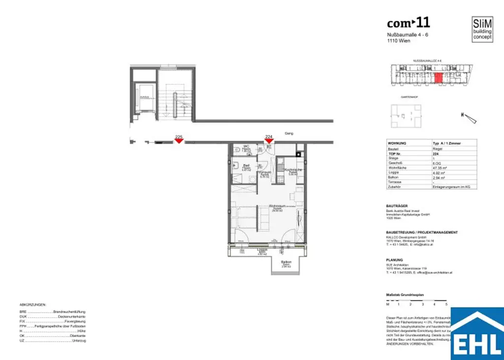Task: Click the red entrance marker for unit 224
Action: [269, 141]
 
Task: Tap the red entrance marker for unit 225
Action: [179, 141]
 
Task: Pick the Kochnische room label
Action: [293, 170]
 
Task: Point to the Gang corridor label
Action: [289, 133]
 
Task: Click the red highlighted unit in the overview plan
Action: [438, 78]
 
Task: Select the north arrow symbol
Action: [470, 118]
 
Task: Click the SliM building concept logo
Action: [482, 30]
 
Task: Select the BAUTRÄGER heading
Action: [398, 206]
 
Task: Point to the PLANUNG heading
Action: [395, 260]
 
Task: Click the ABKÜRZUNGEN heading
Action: [33, 305]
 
